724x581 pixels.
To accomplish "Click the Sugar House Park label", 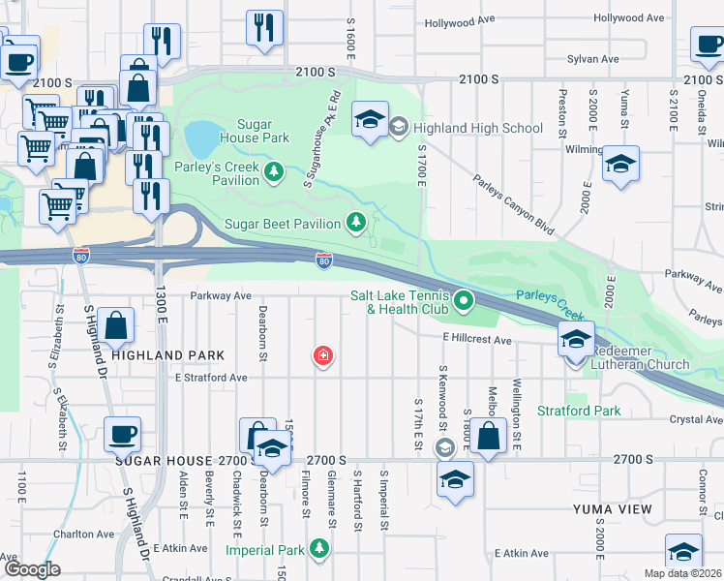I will (250, 131).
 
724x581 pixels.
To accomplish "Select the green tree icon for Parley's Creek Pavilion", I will (276, 171).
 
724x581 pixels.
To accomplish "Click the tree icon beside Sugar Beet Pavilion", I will (356, 223).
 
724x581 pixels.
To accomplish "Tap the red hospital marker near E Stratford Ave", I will (322, 357).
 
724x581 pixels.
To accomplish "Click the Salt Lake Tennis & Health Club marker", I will (463, 302).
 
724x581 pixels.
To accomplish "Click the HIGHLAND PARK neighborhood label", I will (168, 355).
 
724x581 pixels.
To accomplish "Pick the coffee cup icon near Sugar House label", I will (122, 434).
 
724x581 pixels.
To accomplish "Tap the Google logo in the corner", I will (31, 569).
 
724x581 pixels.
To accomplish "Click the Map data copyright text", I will (682, 573).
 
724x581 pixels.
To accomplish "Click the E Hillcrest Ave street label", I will (476, 340).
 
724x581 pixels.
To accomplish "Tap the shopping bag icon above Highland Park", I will (115, 326).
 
